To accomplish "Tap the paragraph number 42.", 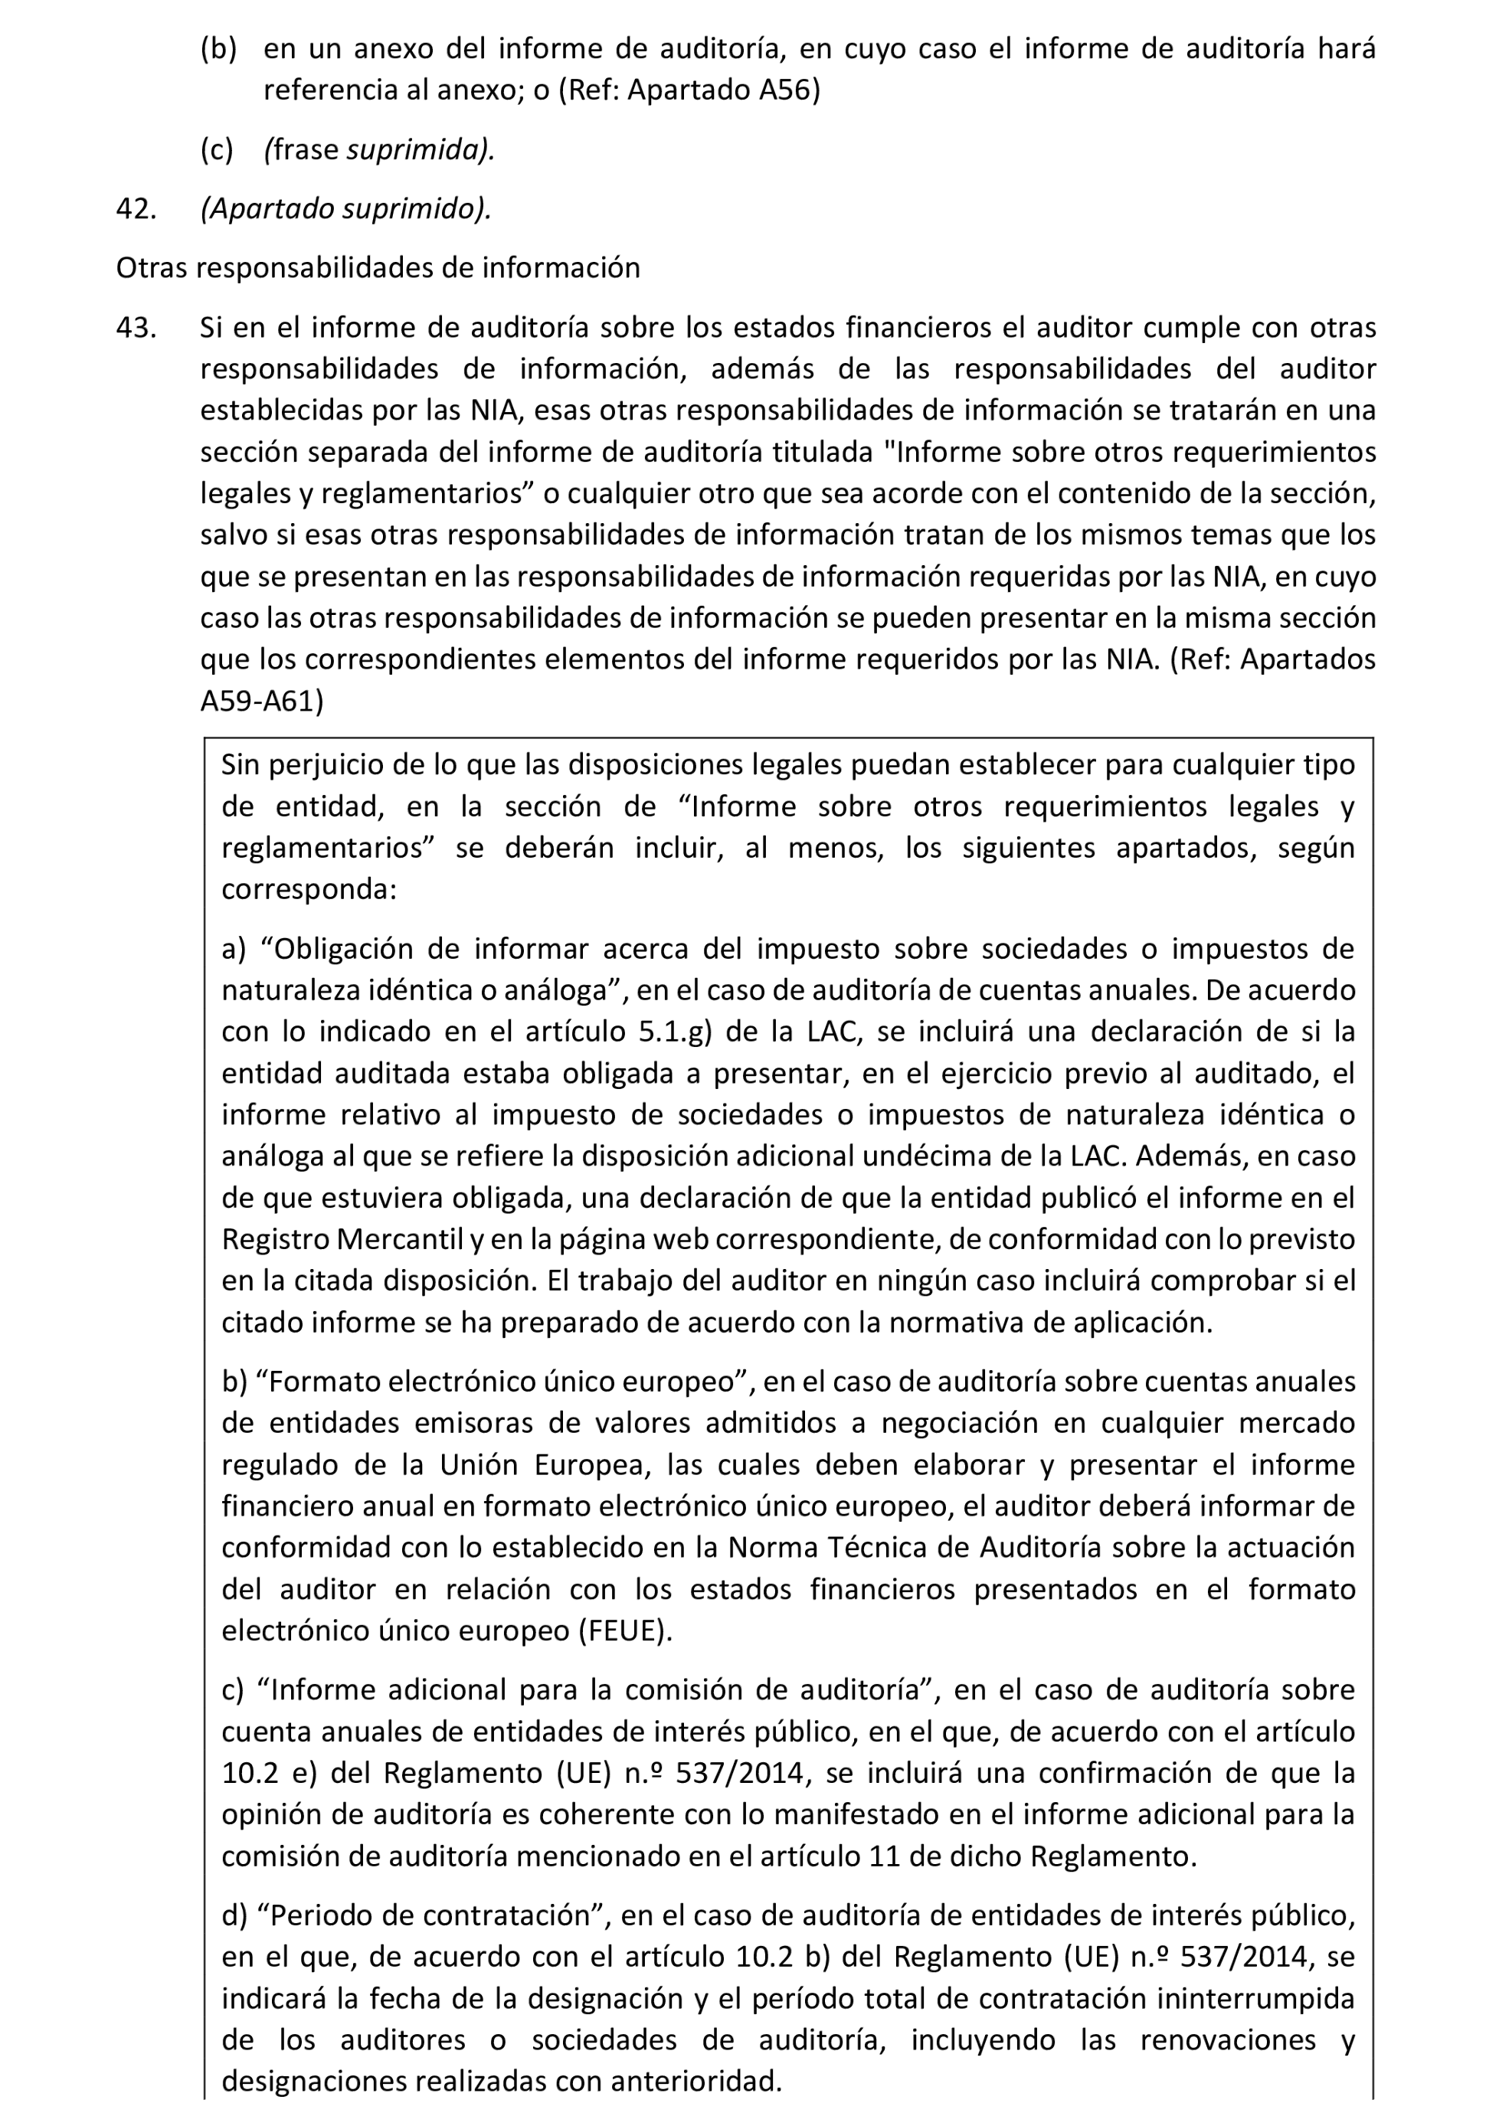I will click(x=135, y=209).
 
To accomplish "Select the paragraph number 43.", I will click(x=135, y=328).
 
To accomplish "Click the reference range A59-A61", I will click(x=261, y=701).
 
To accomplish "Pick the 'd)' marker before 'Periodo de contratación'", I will click(x=234, y=1916).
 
